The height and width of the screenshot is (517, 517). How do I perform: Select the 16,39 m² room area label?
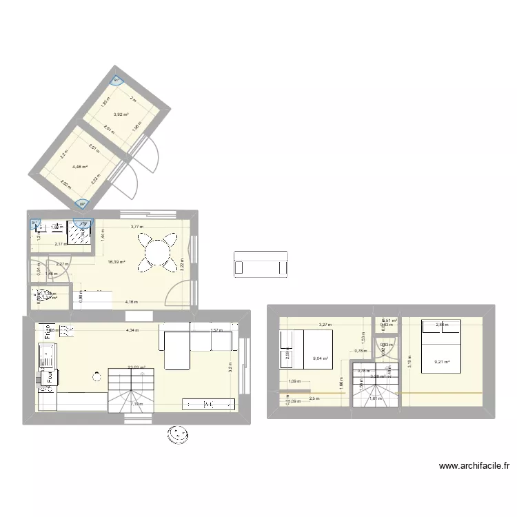coord(116,262)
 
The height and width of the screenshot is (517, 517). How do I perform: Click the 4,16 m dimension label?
coord(132,302)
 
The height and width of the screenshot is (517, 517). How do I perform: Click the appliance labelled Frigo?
coord(48,332)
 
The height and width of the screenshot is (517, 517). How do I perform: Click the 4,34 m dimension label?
coord(132,330)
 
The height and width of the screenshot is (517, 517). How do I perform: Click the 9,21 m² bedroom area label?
coord(442,362)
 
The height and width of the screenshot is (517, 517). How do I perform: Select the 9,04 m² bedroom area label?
coord(321,358)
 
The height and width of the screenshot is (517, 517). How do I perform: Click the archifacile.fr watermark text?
coord(474,466)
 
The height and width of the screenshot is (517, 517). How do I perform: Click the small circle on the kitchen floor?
coord(95,376)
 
